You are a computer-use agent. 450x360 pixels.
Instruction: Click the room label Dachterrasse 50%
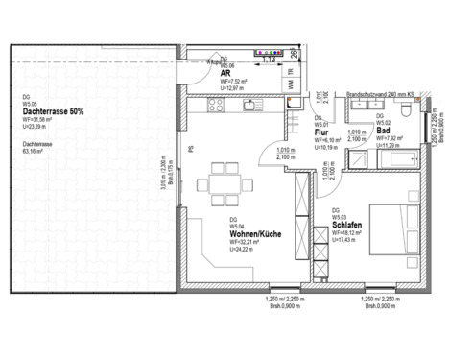click(x=53, y=112)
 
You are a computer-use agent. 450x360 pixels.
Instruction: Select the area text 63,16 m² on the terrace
click(x=36, y=151)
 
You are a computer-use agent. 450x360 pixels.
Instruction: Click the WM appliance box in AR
click(x=291, y=82)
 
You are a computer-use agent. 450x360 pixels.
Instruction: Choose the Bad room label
click(x=382, y=131)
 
